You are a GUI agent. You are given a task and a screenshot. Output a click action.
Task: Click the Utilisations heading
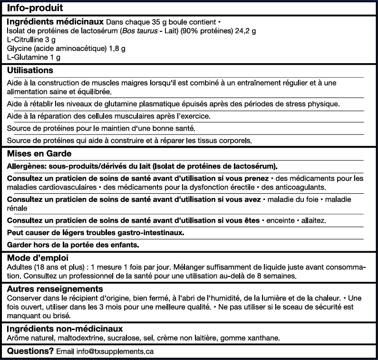(30, 70)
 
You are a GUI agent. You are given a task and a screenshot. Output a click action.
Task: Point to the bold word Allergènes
(27, 166)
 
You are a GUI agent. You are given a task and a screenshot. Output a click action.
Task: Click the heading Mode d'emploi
(38, 258)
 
